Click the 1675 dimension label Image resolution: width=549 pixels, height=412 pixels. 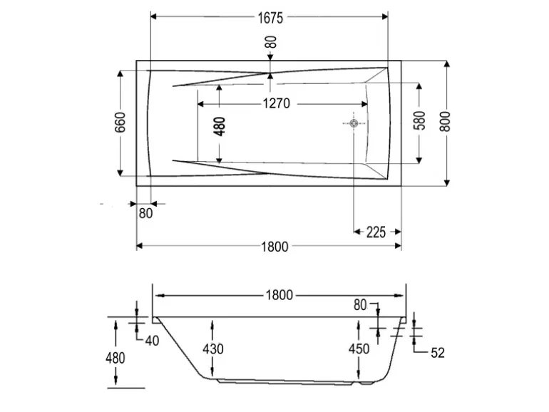tap(270, 18)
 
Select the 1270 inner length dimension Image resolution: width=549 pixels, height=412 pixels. tap(276, 103)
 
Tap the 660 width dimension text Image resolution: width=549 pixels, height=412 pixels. tap(120, 123)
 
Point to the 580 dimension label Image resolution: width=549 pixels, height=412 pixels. tap(419, 120)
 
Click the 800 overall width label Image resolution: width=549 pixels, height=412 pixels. tap(445, 121)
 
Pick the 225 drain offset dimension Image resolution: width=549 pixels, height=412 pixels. tap(376, 232)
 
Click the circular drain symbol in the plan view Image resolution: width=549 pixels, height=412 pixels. tap(354, 123)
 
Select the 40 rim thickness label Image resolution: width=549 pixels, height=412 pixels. tap(152, 341)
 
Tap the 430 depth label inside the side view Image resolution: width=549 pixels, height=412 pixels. tap(213, 349)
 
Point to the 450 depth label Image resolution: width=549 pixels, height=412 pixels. tap(359, 349)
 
